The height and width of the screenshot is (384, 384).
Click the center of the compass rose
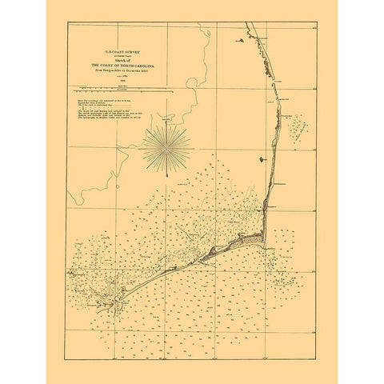click(x=166, y=149)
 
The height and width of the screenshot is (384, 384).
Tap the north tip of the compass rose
click(x=166, y=122)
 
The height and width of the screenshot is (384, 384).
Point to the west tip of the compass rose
click(x=142, y=149)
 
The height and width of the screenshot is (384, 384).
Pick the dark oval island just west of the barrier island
click(x=263, y=161)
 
